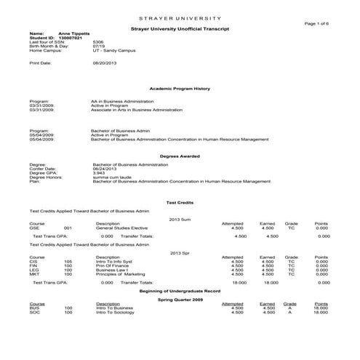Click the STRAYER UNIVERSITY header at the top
180,17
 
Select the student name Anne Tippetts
73,33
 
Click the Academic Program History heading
180,88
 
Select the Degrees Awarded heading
180,156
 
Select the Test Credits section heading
180,202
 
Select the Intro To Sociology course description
116,312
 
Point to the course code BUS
33,308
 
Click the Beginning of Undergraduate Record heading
180,290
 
